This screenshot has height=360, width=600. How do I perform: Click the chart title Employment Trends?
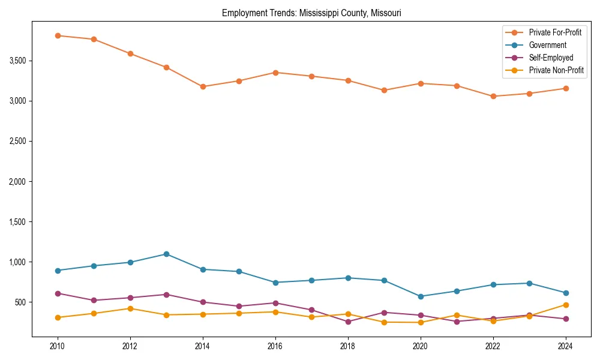311,13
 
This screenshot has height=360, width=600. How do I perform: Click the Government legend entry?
547,45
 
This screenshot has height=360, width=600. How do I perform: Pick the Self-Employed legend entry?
551,58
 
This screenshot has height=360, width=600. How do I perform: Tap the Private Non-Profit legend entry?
556,70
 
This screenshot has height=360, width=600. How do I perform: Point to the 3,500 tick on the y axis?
18,61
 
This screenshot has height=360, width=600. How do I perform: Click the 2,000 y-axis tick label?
18,181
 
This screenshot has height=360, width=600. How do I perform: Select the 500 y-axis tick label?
22,302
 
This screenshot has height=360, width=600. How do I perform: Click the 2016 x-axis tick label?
275,346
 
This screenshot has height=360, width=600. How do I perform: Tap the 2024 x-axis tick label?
565,346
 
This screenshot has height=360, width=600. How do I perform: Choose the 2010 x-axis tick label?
58,346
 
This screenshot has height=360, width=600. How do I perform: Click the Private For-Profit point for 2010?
58,35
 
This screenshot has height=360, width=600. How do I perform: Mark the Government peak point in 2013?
166,254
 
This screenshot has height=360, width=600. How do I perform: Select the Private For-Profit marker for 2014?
203,86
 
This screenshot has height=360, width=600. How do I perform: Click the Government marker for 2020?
420,296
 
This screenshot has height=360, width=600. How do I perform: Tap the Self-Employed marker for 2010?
58,293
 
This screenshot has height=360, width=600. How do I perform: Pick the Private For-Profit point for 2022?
493,96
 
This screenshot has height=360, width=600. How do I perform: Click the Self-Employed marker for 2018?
348,322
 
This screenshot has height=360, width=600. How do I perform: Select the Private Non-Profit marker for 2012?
130,308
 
